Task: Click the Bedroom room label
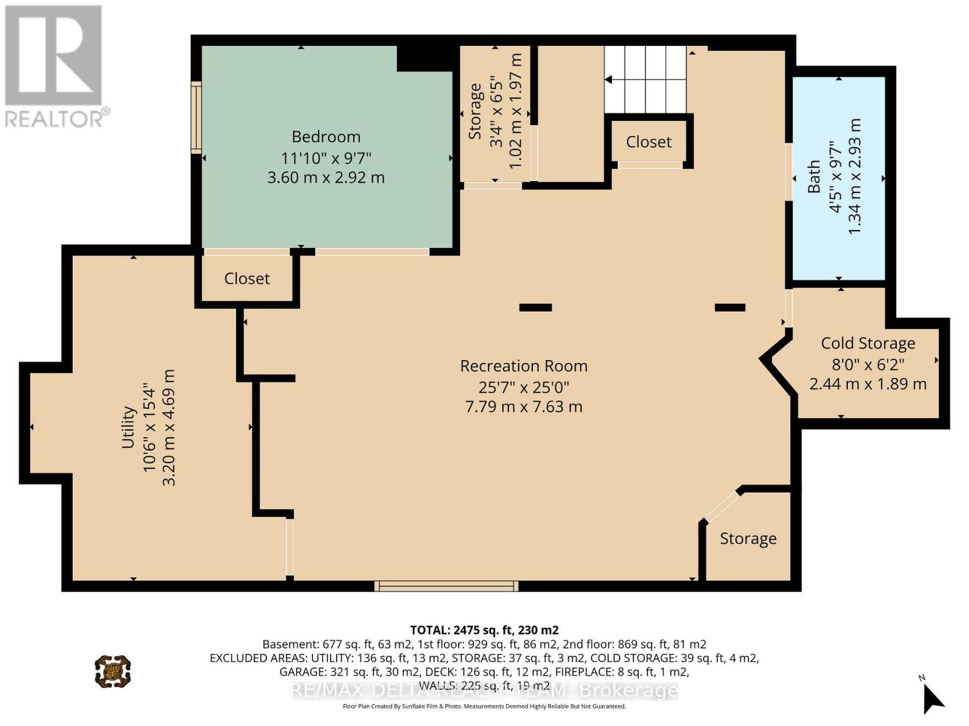(x=326, y=137)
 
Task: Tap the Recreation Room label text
(x=524, y=366)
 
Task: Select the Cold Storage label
(x=868, y=344)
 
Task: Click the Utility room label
(x=128, y=427)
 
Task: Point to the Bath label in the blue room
(x=813, y=176)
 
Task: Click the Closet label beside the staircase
(x=649, y=142)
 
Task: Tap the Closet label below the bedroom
(x=246, y=278)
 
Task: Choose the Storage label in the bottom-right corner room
(x=749, y=538)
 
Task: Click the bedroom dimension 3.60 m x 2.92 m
(x=326, y=178)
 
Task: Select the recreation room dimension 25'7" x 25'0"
(x=524, y=387)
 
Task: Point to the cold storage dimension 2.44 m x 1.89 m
(x=868, y=384)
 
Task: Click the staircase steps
(x=645, y=79)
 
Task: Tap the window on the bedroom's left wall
(x=196, y=117)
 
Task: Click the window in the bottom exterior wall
(x=446, y=586)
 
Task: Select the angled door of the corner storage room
(x=722, y=506)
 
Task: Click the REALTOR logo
(x=55, y=66)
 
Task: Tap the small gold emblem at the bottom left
(x=113, y=672)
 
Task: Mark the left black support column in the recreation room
(x=535, y=308)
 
